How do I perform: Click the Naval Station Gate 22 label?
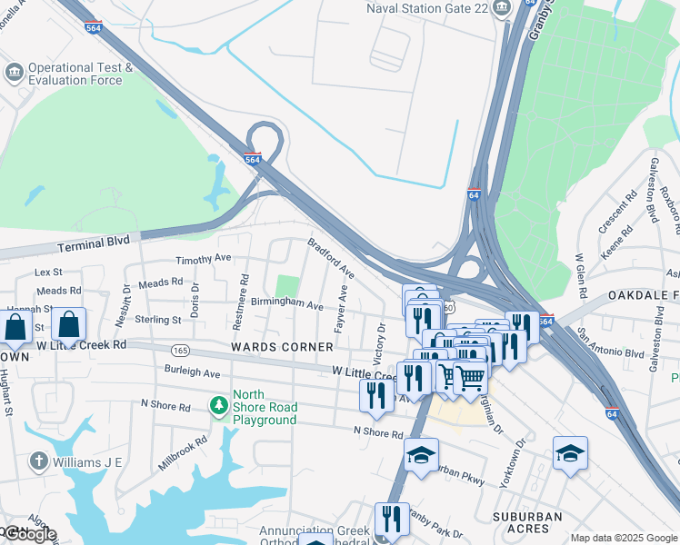(x=426, y=8)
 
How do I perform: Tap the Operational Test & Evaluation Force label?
(x=81, y=74)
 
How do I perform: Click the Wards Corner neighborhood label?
(x=282, y=347)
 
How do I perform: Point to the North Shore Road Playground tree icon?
(x=219, y=403)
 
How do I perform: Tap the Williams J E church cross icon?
(x=37, y=461)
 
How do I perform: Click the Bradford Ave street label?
(x=331, y=259)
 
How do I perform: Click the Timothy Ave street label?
(x=204, y=260)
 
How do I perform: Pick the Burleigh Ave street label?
(x=193, y=372)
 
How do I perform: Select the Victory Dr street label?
(x=381, y=339)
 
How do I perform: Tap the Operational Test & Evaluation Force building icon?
(x=14, y=72)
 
